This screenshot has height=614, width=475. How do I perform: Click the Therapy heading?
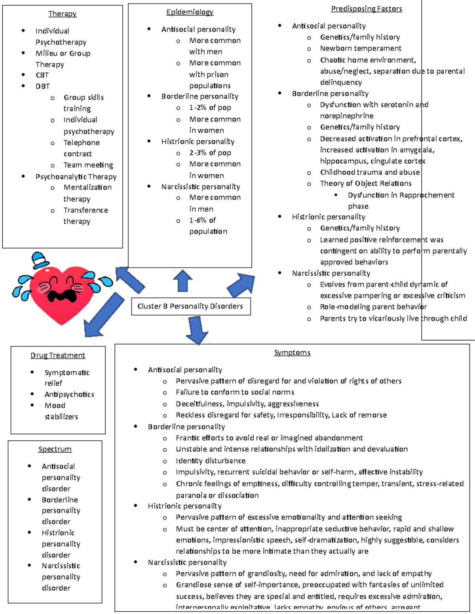pyautogui.click(x=62, y=14)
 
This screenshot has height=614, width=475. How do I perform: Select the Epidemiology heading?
pyautogui.click(x=190, y=12)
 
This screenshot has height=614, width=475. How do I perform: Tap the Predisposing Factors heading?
pyautogui.click(x=366, y=9)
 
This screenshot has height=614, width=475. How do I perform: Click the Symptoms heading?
pyautogui.click(x=292, y=353)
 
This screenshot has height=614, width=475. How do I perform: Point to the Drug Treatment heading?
pyautogui.click(x=58, y=355)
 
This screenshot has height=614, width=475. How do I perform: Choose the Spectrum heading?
pyautogui.click(x=55, y=449)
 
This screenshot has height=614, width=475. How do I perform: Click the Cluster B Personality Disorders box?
pyautogui.click(x=190, y=306)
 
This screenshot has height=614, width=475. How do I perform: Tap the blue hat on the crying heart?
pyautogui.click(x=40, y=260)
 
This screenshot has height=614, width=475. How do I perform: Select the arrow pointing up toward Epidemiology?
pyautogui.click(x=182, y=280)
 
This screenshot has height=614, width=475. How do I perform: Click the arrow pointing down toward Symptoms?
pyautogui.click(x=197, y=330)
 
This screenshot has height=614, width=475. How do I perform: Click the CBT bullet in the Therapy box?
pyautogui.click(x=42, y=75)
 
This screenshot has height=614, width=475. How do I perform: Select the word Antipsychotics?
pyautogui.click(x=69, y=395)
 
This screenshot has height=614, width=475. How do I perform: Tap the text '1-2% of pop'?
pyautogui.click(x=210, y=108)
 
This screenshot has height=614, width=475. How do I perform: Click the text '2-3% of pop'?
pyautogui.click(x=210, y=153)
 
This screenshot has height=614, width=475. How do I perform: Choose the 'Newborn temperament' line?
pyautogui.click(x=361, y=48)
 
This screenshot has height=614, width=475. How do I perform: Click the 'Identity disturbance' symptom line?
pyautogui.click(x=211, y=461)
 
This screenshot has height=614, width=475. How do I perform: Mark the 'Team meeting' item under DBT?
pyautogui.click(x=88, y=165)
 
